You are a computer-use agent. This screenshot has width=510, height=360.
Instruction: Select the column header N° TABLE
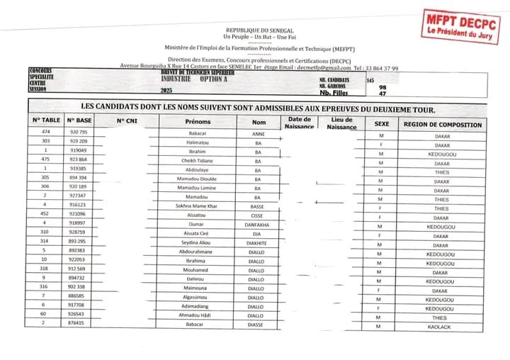pyautogui.click(x=46, y=121)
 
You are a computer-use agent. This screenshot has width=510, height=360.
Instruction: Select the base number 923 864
pyautogui.click(x=78, y=161)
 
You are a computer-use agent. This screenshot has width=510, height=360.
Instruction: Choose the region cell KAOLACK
pyautogui.click(x=442, y=327)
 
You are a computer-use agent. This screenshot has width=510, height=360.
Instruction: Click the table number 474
pyautogui.click(x=46, y=133)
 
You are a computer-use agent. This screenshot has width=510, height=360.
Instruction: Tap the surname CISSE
pyautogui.click(x=258, y=213)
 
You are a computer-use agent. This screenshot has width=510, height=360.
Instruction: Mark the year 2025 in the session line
pyautogui.click(x=166, y=92)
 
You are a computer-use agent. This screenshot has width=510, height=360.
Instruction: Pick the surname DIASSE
pyautogui.click(x=258, y=324)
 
